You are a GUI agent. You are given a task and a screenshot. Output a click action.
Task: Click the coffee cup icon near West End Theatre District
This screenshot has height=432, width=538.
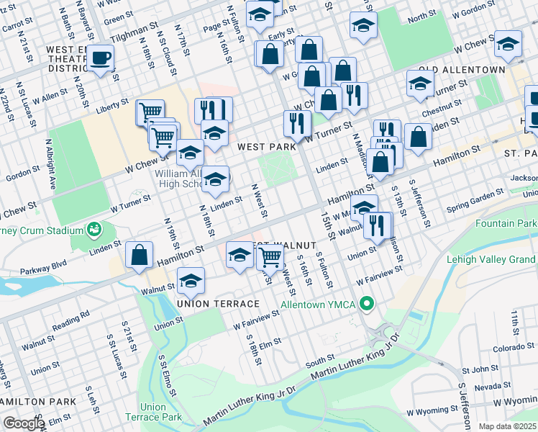101,58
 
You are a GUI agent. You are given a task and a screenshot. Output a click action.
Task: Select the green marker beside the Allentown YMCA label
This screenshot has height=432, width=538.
367,305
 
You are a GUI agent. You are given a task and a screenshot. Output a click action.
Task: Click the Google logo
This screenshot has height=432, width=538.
24,423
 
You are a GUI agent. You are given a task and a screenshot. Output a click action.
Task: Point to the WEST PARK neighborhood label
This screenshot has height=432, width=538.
266,147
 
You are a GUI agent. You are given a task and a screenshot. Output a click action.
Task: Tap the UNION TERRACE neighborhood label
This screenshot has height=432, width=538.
207,304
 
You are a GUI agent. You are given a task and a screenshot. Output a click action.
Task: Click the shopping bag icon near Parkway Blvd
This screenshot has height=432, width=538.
140,255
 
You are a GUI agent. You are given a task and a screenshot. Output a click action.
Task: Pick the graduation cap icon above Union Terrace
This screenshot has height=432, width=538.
191,281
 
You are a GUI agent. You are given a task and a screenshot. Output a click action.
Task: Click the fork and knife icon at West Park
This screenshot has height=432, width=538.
296,122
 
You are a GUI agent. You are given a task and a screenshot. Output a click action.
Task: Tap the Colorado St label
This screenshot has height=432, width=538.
514,348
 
